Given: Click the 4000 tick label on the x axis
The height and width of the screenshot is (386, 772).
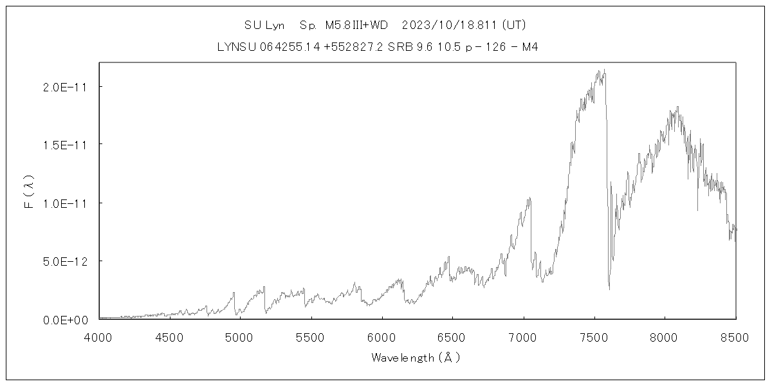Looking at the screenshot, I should (x=98, y=336).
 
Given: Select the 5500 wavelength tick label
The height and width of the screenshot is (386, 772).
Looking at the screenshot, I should (x=311, y=336).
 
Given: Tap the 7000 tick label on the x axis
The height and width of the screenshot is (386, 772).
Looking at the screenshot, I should (x=523, y=336).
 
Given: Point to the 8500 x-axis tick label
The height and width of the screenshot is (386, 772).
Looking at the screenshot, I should (x=735, y=336).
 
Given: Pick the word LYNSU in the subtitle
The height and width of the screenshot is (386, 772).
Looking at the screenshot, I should (x=234, y=47).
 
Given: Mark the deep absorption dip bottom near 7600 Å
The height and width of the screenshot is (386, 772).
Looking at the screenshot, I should (x=609, y=289).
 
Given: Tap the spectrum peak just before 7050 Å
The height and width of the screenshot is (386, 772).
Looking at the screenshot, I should (x=529, y=198).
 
